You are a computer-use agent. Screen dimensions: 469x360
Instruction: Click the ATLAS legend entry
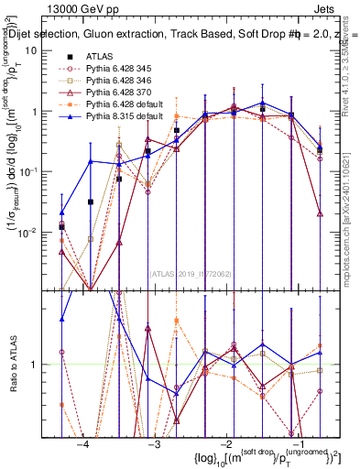point(99,56)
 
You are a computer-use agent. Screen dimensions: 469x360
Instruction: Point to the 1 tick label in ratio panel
point(37,365)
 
